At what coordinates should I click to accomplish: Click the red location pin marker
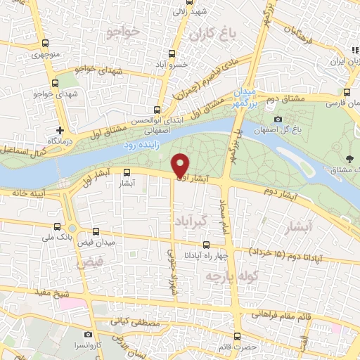[181, 165]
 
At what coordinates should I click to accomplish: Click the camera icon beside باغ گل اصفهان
[278, 119]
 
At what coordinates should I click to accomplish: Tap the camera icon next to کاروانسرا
[87, 335]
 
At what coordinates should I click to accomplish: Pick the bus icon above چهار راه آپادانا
[205, 245]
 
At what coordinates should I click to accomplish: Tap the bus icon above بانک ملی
[58, 226]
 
